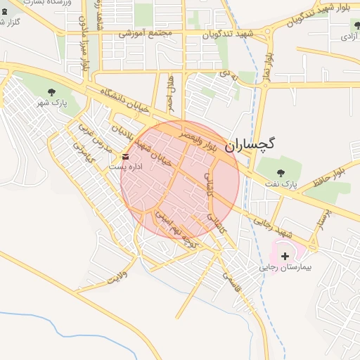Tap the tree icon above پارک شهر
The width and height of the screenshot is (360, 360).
[x=51, y=92]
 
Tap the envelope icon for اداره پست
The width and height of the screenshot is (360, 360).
[x=125, y=156]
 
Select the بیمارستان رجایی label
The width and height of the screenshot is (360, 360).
[x=285, y=268]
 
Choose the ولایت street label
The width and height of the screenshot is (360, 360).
[x=117, y=275]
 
